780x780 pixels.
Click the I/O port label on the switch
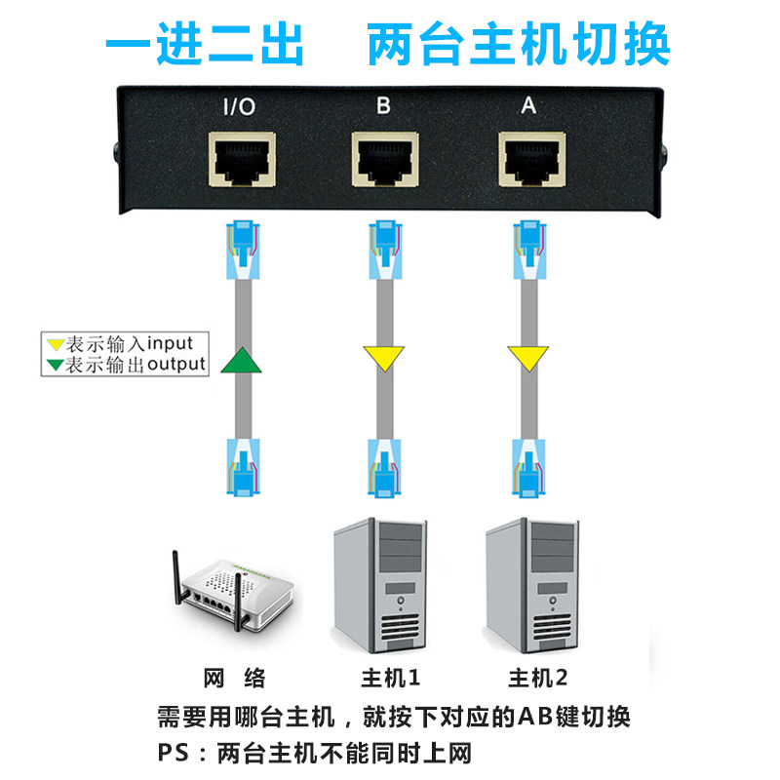(239, 106)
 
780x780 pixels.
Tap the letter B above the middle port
(383, 105)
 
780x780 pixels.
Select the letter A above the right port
(528, 105)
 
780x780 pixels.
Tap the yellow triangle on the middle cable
(384, 358)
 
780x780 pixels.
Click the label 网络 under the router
(235, 678)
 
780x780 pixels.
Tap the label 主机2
(538, 678)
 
